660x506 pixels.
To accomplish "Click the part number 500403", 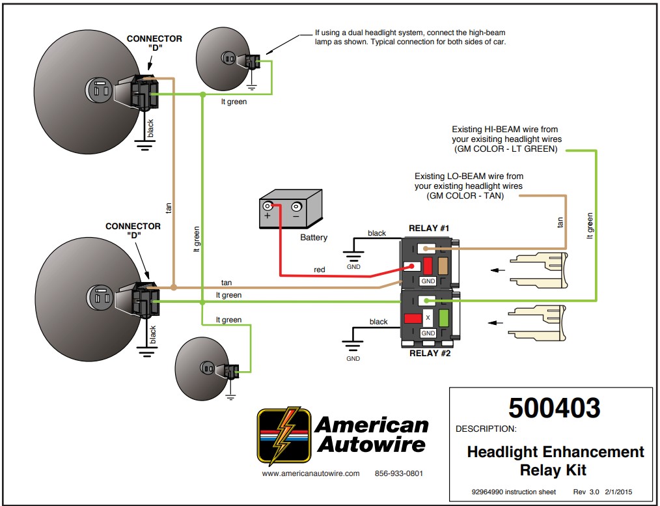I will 554,408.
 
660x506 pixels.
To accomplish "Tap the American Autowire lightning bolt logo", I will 284,435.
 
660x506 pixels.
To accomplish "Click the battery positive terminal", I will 268,207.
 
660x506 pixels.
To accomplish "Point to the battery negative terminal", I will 296,208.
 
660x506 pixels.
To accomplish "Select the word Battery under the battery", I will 314,238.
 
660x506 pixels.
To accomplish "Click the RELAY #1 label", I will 429,228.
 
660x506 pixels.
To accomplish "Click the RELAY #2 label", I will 429,354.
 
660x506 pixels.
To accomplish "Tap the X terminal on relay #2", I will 428,318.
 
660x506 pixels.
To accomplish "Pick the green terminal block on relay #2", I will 445,318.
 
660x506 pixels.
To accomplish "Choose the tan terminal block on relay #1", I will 445,265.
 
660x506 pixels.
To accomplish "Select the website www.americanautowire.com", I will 310,473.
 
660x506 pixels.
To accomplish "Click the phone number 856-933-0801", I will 399,473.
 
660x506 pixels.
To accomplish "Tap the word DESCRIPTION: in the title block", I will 486,429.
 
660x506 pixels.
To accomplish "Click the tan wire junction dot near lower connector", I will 174,287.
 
